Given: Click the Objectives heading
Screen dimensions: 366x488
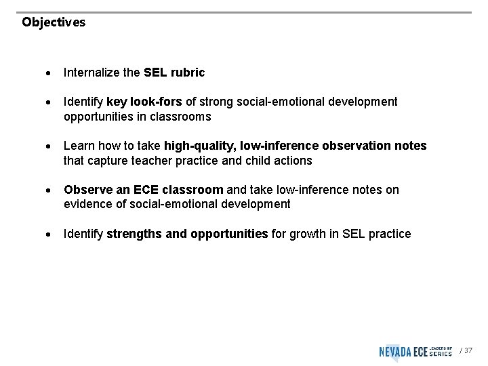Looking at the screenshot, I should (x=54, y=22).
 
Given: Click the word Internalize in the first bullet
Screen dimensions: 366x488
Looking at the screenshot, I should (x=90, y=73).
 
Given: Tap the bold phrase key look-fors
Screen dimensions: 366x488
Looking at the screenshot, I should (x=144, y=102).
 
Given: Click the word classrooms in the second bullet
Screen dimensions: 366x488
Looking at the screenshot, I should (x=184, y=117).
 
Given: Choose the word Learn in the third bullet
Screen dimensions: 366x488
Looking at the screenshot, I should (x=77, y=146).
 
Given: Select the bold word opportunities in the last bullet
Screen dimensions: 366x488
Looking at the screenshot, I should (x=229, y=234).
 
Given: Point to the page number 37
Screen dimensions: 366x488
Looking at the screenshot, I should (x=468, y=350).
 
